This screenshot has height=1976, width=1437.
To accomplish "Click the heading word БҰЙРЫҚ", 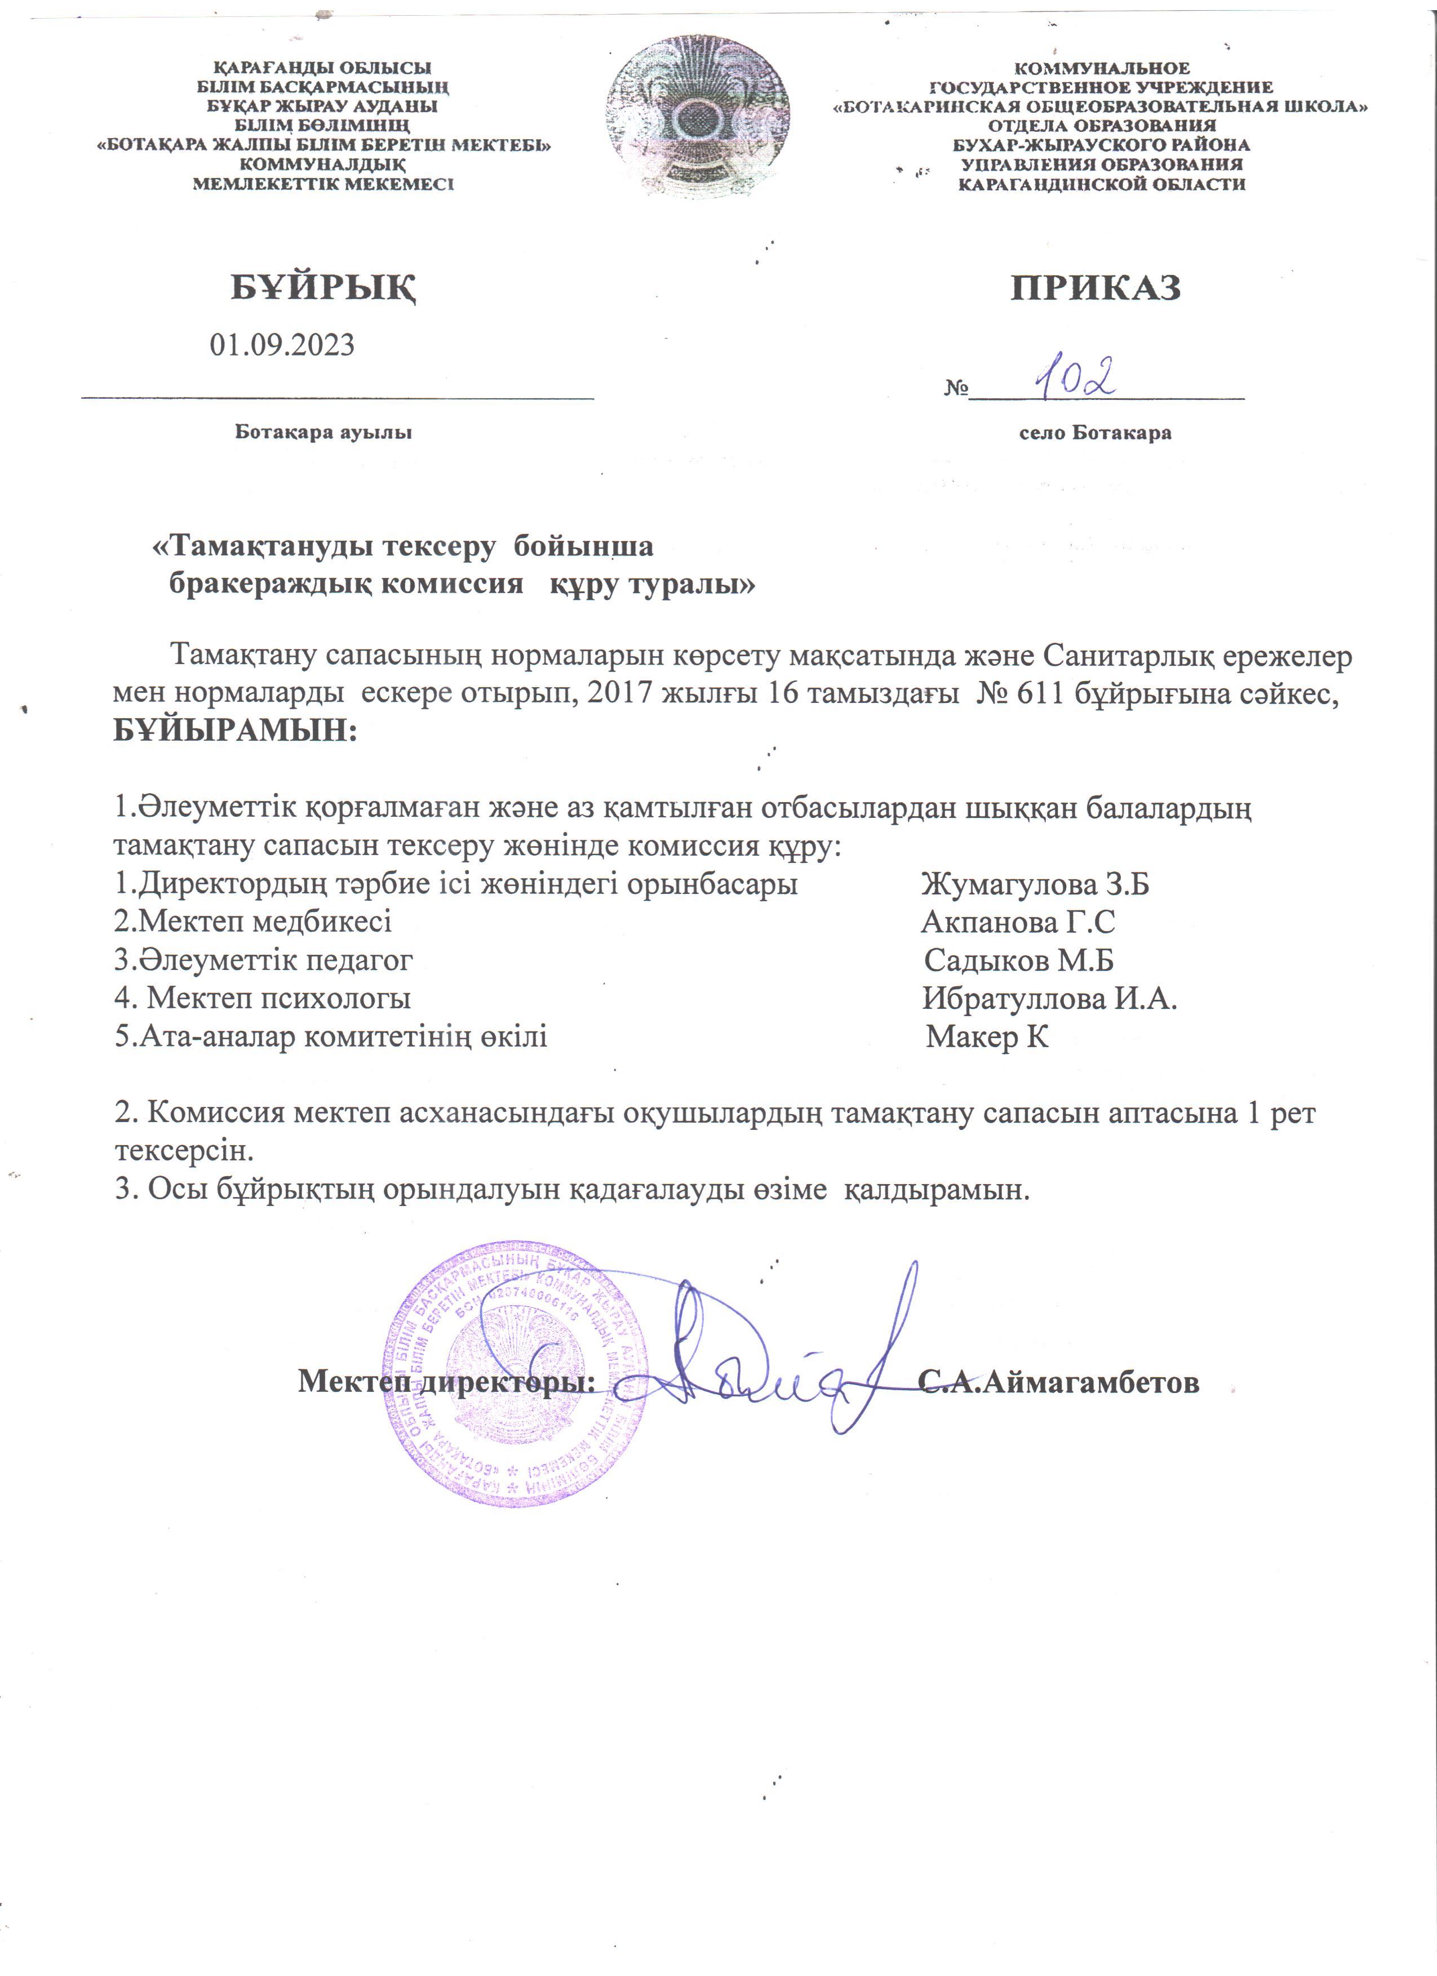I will click(x=322, y=287).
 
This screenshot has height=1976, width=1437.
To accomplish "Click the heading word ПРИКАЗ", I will click(x=1096, y=287).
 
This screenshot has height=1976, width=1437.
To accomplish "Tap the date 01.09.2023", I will click(x=282, y=345).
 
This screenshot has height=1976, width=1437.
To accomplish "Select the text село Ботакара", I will click(x=1096, y=433).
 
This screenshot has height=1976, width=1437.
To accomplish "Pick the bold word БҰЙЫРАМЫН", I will click(x=236, y=730).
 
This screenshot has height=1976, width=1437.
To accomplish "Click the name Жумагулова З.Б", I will click(x=1035, y=884).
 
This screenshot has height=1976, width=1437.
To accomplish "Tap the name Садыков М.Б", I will click(x=1019, y=960).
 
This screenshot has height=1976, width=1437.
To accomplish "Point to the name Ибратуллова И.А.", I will click(x=1050, y=999).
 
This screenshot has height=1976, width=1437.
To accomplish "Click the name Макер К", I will click(x=987, y=1037).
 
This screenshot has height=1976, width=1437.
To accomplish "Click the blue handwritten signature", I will click(x=784, y=1359).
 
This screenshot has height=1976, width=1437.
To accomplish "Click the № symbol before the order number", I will click(x=956, y=389).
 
